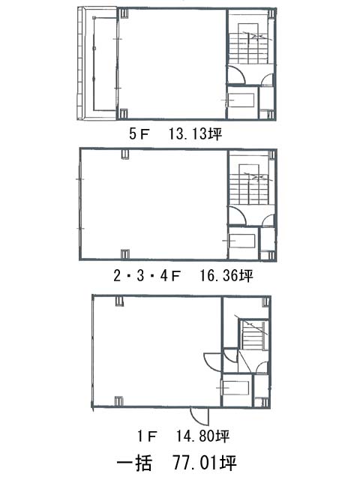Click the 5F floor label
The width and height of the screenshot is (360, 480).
coord(139,134)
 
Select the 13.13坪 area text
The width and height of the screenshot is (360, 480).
coord(196,134)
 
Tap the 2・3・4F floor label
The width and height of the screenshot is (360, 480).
coord(147,276)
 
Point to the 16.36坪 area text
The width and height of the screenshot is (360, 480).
coord(226,276)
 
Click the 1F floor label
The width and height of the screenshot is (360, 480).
coord(147,436)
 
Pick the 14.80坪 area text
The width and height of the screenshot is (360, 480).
coord(202,436)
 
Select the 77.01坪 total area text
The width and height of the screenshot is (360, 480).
coord(205,463)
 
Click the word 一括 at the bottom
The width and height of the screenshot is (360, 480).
coord(134,463)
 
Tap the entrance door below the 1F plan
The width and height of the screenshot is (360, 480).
coord(199,415)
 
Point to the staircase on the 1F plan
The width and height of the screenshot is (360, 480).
coord(254,334)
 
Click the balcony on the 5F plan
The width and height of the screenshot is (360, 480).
coord(97,64)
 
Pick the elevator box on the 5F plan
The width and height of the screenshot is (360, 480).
coord(241,100)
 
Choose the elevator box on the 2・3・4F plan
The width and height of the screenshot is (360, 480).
coord(242,241)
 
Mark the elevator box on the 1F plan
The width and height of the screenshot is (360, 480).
coord(235,388)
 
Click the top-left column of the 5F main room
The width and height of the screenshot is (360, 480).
coord(124,13)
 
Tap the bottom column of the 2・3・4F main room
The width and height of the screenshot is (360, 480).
coord(125,253)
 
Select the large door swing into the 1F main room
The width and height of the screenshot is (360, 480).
coord(211,362)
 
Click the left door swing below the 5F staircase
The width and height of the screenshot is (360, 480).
coord(237,74)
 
